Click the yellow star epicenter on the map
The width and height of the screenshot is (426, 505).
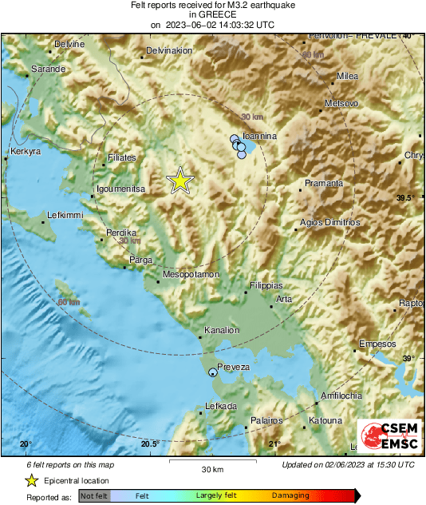click(181, 181)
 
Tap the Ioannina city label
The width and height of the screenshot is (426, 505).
click(259, 137)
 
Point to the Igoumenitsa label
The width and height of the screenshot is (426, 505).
click(120, 189)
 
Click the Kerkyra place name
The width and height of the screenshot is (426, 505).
click(23, 151)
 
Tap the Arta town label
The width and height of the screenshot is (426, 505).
click(284, 300)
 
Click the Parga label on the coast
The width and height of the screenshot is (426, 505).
click(140, 260)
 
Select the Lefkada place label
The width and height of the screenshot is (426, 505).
click(221, 407)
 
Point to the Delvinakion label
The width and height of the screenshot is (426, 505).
click(170, 51)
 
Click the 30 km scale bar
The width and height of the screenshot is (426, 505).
click(212, 462)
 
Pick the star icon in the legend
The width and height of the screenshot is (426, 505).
click(31, 480)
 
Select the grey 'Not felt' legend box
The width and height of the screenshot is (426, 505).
click(94, 496)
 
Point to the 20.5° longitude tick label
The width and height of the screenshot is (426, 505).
click(149, 444)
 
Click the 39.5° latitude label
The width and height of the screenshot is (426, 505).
click(406, 198)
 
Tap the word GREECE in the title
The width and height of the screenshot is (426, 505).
click(212, 14)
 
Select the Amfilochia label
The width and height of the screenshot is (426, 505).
click(341, 396)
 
